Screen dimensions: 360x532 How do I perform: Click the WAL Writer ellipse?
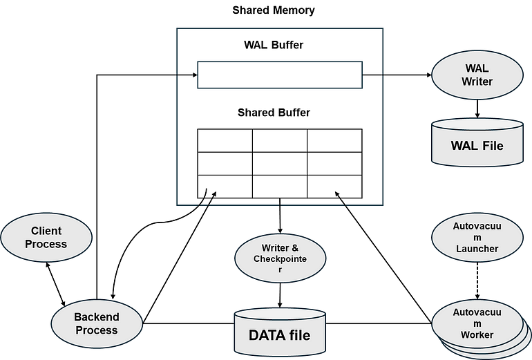[477, 75]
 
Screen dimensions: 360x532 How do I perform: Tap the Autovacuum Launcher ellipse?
[477, 236]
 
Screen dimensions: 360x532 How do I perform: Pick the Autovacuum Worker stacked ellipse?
[477, 325]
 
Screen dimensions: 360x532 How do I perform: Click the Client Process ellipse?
[46, 237]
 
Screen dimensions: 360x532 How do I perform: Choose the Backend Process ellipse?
[97, 323]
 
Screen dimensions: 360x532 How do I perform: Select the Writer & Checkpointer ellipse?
[280, 258]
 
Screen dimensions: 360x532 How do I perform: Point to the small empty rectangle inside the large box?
[280, 75]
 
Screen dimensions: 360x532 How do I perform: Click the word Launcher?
[477, 249]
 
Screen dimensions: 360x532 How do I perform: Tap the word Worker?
[477, 335]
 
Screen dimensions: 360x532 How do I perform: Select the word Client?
[46, 231]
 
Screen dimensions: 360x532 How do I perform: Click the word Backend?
[97, 317]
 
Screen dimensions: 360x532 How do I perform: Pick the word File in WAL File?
[492, 146]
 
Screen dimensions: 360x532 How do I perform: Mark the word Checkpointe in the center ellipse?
[280, 259]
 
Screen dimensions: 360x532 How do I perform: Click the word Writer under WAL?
[477, 82]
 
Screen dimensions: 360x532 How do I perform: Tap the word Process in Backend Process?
[97, 330]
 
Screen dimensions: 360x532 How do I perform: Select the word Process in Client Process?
[46, 243]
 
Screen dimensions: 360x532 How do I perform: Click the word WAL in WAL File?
[464, 146]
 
